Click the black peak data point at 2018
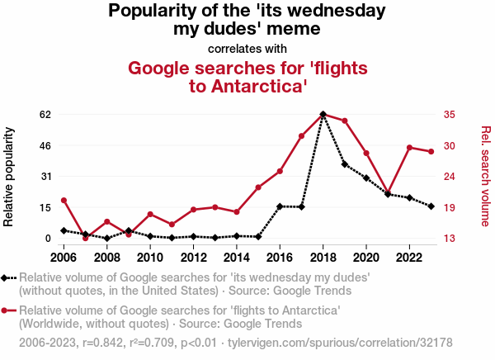pos(323,114)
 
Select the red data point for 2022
pos(409,147)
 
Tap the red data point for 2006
pos(64,201)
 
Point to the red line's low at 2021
pos(388,193)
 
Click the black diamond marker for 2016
pos(280,206)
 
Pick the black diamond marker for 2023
pos(431,206)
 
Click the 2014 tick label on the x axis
pos(237,256)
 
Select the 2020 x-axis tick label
pos(366,256)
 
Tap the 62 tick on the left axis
pos(45,114)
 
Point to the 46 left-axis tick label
pos(45,145)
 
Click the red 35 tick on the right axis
pos(450,114)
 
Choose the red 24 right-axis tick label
pos(450,177)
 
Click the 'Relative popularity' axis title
pos(10,177)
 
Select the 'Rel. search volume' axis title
pos(486,176)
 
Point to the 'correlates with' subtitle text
pos(247,48)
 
